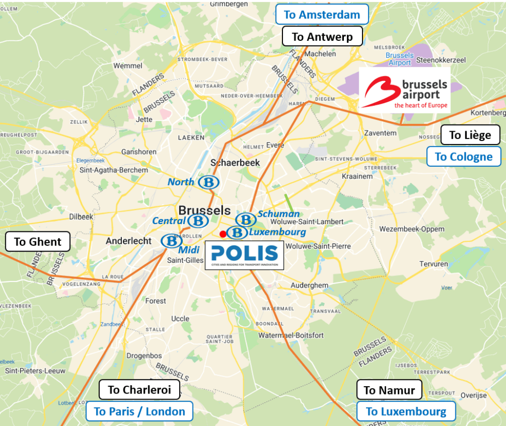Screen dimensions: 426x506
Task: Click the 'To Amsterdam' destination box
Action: [x=322, y=14]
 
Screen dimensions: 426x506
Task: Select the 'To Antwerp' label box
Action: [x=322, y=37]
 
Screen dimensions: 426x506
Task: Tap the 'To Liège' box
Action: [x=470, y=135]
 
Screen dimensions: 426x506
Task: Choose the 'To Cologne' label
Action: [x=464, y=156]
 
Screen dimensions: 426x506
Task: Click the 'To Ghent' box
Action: [x=38, y=242]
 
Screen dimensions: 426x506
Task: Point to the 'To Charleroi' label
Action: [x=139, y=390]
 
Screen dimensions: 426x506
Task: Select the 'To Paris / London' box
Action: [x=139, y=412]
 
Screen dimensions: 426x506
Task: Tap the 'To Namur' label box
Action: [x=389, y=390]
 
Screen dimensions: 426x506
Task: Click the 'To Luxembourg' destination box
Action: [x=406, y=412]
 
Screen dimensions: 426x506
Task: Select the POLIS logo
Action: [x=245, y=255]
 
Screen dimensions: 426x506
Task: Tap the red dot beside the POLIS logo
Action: [x=223, y=234]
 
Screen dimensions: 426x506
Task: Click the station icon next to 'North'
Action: [x=208, y=182]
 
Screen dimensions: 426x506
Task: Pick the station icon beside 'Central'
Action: [x=198, y=221]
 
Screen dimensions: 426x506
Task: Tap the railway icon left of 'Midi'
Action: [x=171, y=241]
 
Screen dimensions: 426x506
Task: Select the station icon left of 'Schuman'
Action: [x=246, y=219]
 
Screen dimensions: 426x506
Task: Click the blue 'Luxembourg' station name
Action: [x=277, y=232]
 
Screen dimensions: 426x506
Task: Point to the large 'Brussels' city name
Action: [x=204, y=210]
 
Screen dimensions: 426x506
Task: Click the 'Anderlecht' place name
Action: [x=129, y=241]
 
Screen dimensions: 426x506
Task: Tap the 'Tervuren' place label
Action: [x=434, y=264]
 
